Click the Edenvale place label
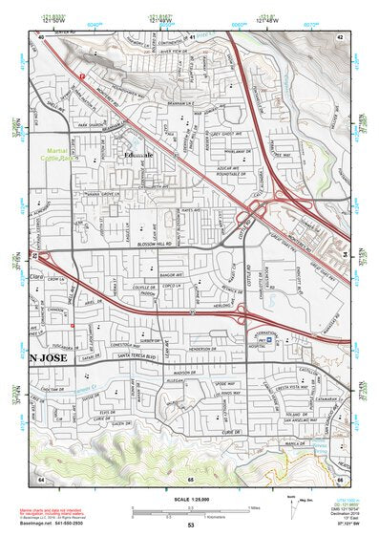143,155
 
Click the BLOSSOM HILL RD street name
160,245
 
